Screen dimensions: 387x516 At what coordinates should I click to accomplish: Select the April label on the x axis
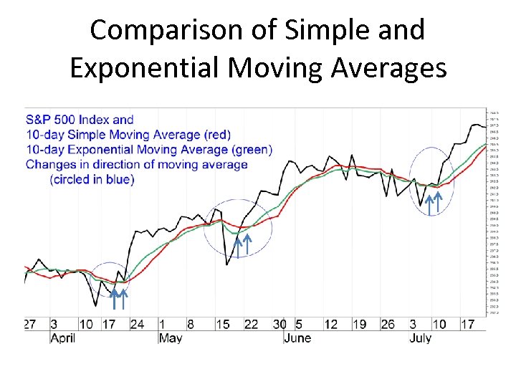[x=62, y=338]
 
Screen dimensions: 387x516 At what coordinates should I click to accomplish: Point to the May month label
[x=171, y=338]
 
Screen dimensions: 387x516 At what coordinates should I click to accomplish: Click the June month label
[x=297, y=338]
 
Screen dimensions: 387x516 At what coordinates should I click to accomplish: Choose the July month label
[x=420, y=338]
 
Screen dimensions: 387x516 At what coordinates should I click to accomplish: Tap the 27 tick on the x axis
[x=29, y=324]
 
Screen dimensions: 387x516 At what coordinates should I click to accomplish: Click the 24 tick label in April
[x=136, y=324]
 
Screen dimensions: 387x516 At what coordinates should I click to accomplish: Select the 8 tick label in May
[x=190, y=324]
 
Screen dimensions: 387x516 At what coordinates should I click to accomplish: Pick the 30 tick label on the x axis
[x=279, y=324]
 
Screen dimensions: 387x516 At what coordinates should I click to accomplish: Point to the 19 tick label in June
[x=359, y=324]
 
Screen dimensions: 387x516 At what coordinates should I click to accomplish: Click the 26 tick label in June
[x=387, y=324]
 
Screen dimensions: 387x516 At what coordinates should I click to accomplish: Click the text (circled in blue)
[x=92, y=179]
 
